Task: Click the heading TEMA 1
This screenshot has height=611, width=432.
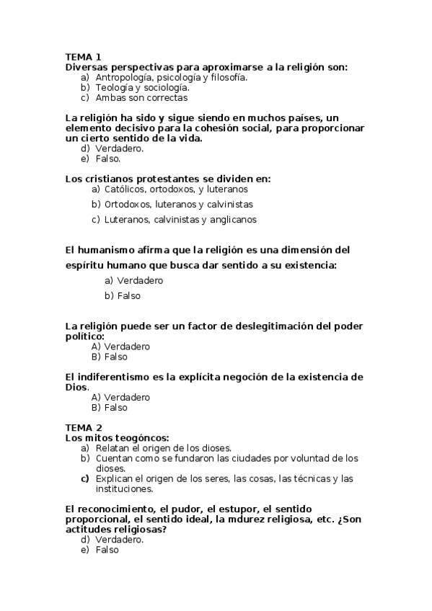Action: (x=83, y=57)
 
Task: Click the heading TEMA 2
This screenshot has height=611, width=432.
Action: (x=84, y=427)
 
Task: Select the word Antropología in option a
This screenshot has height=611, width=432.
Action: (x=123, y=77)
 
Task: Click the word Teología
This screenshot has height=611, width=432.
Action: (x=114, y=87)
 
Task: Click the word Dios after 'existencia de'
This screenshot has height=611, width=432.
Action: (x=76, y=387)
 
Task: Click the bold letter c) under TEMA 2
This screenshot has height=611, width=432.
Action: (x=84, y=478)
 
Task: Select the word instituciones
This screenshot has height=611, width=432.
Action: (x=123, y=489)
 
